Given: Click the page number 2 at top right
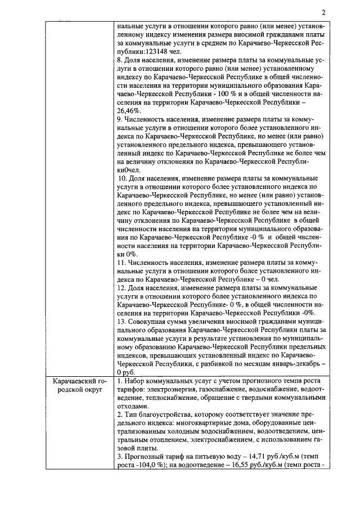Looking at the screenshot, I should [324, 13].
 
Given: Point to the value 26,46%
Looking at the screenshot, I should [129, 111].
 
